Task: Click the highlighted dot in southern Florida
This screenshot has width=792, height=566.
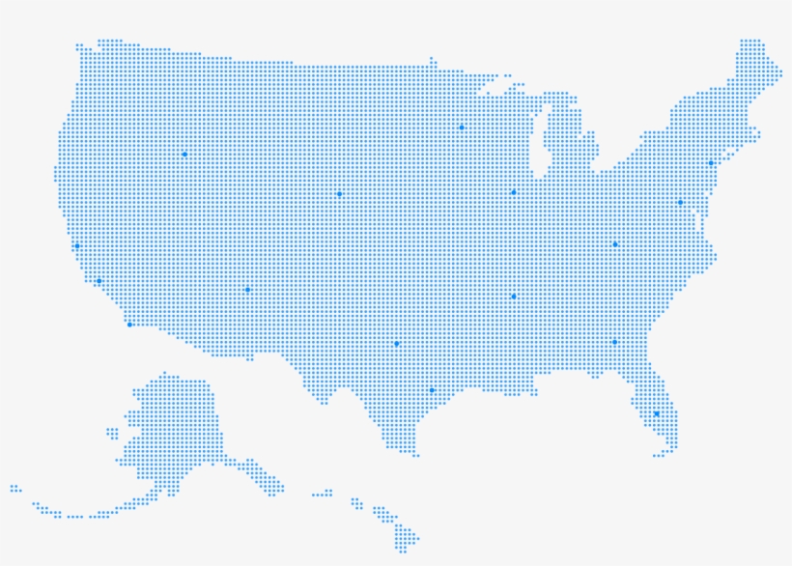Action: click(x=656, y=413)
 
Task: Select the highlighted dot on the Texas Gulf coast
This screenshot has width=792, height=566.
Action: click(x=432, y=390)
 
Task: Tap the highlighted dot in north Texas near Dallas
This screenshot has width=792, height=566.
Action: click(x=396, y=344)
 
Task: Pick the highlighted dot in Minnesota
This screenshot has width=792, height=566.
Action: click(x=462, y=127)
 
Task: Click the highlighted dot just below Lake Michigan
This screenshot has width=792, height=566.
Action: click(x=513, y=192)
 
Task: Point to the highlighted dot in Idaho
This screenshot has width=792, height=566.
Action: click(x=184, y=155)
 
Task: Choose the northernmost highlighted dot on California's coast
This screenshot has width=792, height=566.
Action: click(x=77, y=246)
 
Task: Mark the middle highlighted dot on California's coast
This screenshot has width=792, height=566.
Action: click(x=99, y=281)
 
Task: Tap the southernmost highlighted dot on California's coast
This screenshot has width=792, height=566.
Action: click(x=129, y=325)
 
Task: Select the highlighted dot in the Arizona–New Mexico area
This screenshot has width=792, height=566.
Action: click(x=247, y=290)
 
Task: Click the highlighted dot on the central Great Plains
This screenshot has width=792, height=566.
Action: click(x=339, y=194)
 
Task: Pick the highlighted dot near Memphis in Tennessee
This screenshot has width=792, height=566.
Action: click(x=513, y=297)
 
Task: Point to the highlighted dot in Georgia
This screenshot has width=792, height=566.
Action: click(x=614, y=342)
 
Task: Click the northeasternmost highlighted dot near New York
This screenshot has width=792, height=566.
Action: click(x=711, y=163)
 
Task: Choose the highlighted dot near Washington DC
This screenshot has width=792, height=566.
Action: click(x=680, y=203)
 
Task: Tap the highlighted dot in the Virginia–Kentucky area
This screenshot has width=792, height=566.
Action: click(x=614, y=244)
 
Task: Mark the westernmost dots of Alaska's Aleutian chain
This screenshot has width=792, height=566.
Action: click(x=14, y=489)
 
